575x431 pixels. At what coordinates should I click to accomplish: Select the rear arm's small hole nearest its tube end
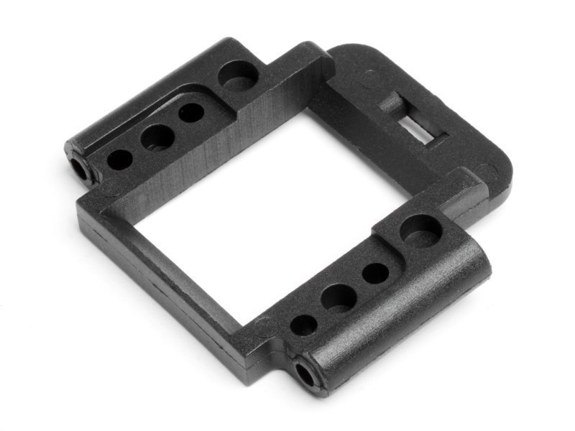coord(119,159)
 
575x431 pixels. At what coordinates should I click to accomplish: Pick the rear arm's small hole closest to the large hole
coord(191,113)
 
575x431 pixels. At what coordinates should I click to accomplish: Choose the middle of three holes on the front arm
coord(338,297)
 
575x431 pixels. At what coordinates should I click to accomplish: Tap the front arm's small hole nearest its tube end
coord(303,325)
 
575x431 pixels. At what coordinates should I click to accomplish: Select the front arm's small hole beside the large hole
coord(375,272)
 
